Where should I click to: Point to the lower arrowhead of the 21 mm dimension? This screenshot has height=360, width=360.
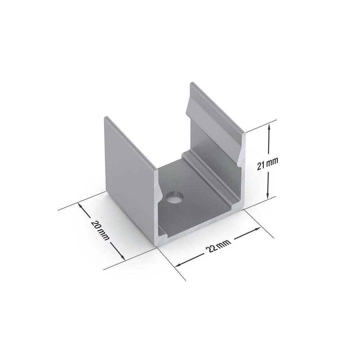point(267,195)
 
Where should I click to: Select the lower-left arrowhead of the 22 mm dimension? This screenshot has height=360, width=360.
point(179,265)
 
